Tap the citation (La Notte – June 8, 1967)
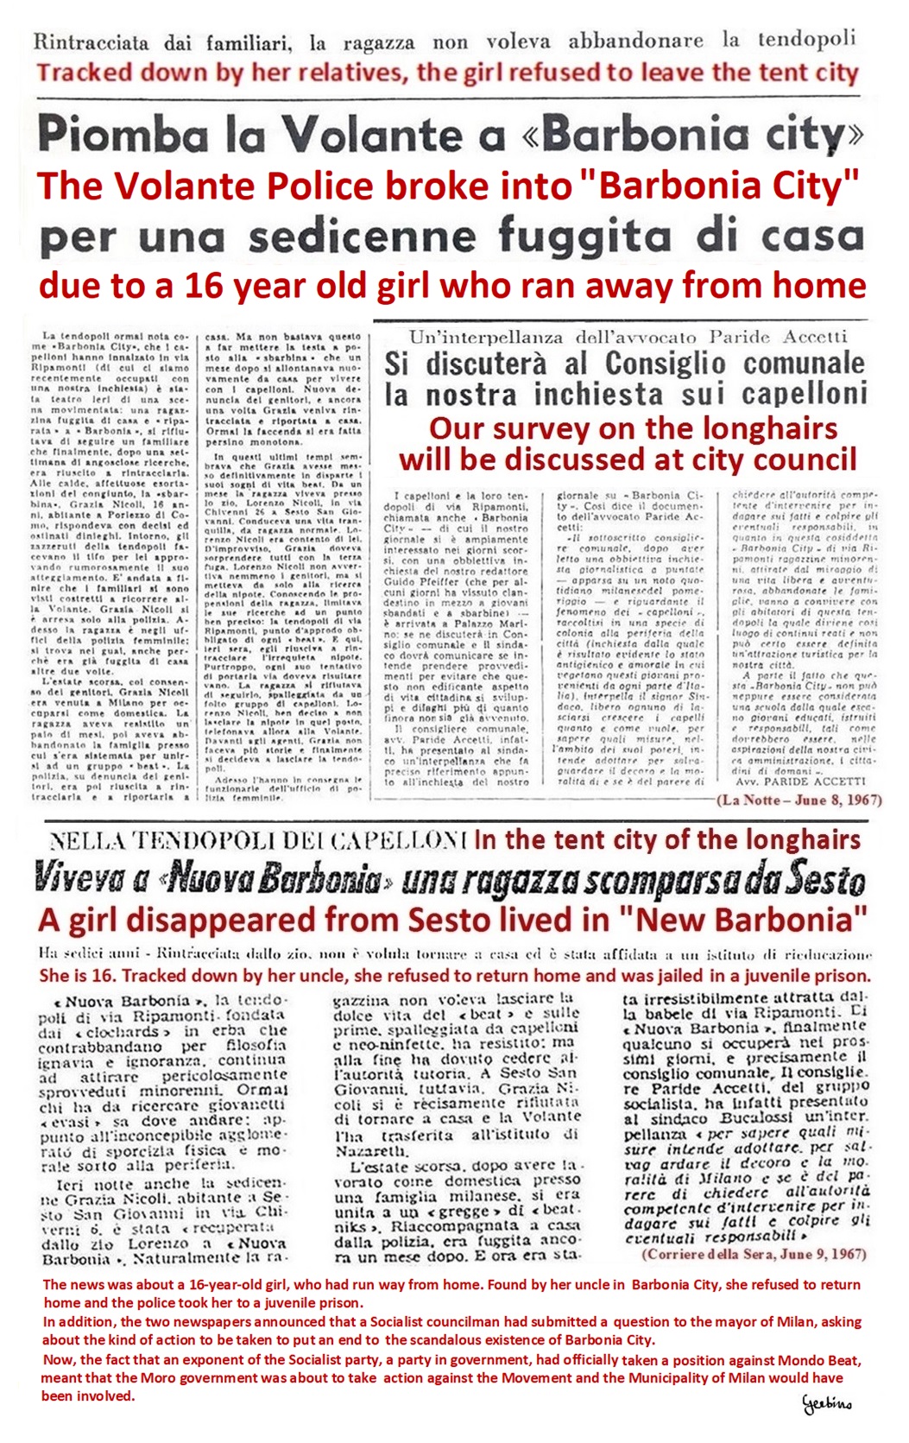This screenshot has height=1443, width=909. pos(799,800)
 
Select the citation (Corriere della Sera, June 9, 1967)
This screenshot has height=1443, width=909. pos(754,1254)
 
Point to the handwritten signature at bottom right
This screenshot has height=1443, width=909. pos(827,1402)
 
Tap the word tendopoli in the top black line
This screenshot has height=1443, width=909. pos(806,39)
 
